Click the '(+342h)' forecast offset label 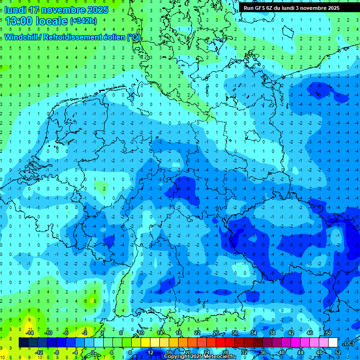pyautogui.click(x=83, y=21)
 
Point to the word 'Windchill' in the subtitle pyautogui.click(x=22, y=37)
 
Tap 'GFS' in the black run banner pyautogui.click(x=260, y=8)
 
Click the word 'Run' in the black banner pyautogui.click(x=248, y=8)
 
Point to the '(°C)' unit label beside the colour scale pyautogui.click(x=348, y=343)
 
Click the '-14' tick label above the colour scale pyautogui.click(x=29, y=333)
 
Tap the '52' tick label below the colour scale pyautogui.click(x=338, y=352)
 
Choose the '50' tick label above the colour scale pyautogui.click(x=328, y=333)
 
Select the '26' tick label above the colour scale pyautogui.click(x=216, y=333)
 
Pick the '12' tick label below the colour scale pyautogui.click(x=150, y=352)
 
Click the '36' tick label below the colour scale pyautogui.click(x=263, y=352)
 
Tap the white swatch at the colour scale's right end pyautogui.click(x=333, y=343)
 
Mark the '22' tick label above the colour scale pyautogui.click(x=197, y=333)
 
